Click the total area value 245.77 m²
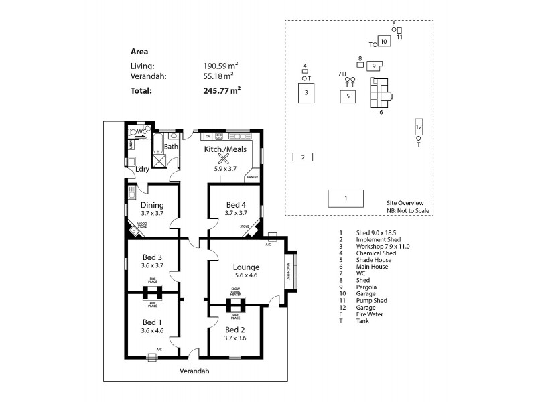click(222, 91)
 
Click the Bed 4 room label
click(236, 204)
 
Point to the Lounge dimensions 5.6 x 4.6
click(246, 275)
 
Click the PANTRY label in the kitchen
click(253, 177)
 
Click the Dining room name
click(153, 205)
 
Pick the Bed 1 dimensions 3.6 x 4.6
click(153, 330)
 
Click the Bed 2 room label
click(236, 330)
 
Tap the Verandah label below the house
click(195, 371)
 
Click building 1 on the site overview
click(346, 198)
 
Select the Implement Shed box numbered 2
click(303, 157)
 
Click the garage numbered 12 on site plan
click(418, 127)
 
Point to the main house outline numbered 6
click(380, 94)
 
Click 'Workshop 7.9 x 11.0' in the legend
click(383, 246)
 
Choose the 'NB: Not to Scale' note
click(407, 210)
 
